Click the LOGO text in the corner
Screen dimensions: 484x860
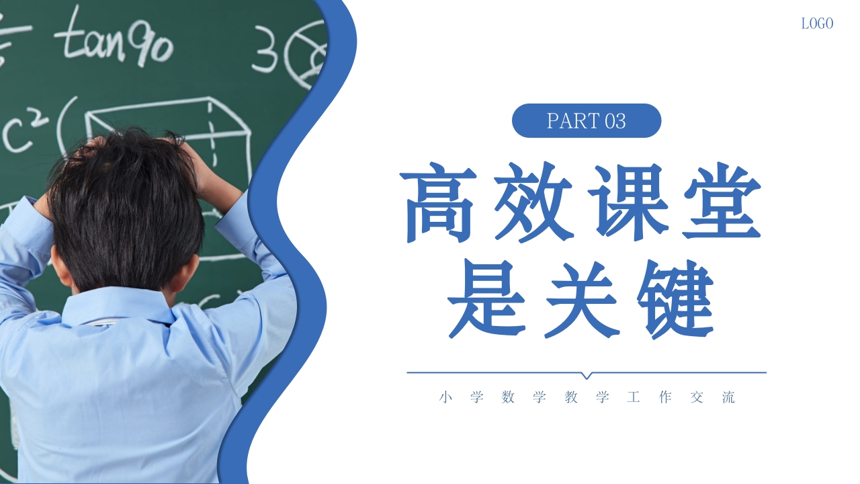[x=817, y=24]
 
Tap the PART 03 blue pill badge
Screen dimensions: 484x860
[x=587, y=121]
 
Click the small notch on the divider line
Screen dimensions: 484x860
[x=587, y=375]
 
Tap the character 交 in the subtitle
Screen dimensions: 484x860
[x=697, y=397]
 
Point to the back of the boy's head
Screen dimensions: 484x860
[x=128, y=208]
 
